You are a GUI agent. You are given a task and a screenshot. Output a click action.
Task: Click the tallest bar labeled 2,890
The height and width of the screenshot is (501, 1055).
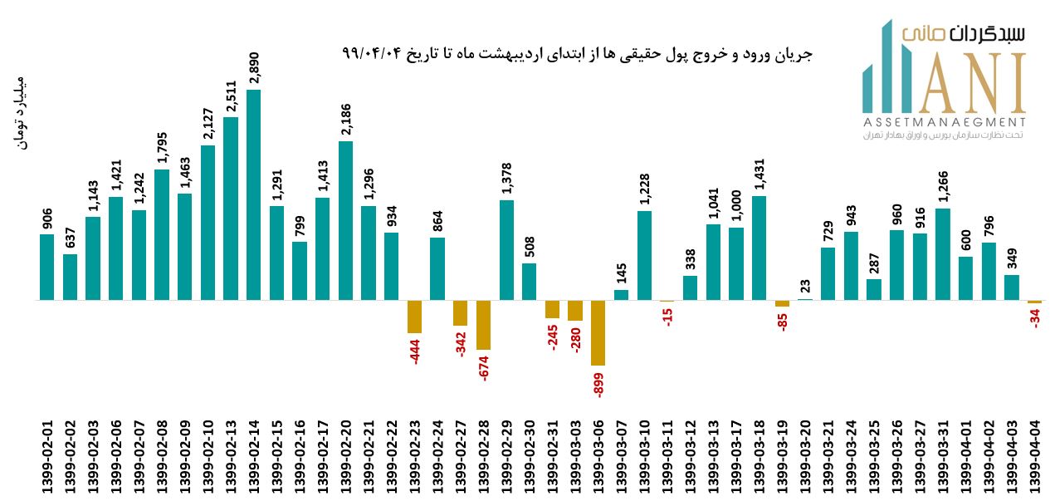click(253, 194)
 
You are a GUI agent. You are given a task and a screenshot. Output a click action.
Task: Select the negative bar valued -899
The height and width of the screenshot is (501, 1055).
click(598, 332)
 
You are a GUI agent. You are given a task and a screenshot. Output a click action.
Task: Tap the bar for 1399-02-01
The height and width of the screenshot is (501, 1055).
click(46, 267)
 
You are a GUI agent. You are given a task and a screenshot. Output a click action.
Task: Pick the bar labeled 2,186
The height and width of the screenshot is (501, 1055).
click(345, 220)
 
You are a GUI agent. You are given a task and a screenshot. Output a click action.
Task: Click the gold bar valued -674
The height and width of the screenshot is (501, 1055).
click(483, 325)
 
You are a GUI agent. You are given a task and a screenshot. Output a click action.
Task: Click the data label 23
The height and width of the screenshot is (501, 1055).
click(804, 285)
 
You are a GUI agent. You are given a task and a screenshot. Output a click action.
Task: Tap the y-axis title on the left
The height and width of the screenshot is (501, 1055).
click(22, 115)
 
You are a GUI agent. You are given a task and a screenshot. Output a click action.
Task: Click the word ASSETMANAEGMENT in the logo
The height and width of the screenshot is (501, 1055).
click(944, 122)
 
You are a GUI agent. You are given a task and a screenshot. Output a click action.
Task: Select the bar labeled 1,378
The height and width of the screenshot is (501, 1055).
click(506, 249)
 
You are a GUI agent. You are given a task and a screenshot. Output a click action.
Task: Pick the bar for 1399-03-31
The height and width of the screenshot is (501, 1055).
click(942, 253)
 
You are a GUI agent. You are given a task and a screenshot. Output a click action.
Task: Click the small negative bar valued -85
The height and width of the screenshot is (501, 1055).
click(782, 303)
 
